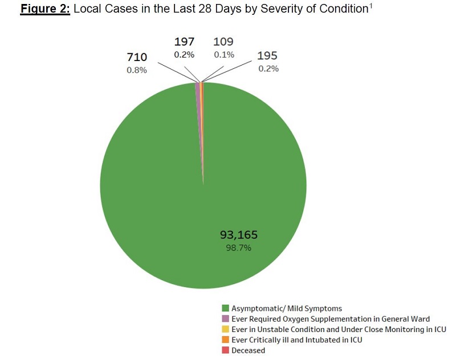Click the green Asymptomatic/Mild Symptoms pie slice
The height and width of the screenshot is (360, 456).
pyautogui.click(x=171, y=188)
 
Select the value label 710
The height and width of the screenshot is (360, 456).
pyautogui.click(x=137, y=57)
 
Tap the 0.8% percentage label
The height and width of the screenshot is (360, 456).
pyautogui.click(x=137, y=70)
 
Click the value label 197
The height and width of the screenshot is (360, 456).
pyautogui.click(x=184, y=42)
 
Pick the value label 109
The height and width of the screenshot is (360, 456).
pyautogui.click(x=223, y=42)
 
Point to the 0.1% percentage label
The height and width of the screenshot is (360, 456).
pyautogui.click(x=223, y=55)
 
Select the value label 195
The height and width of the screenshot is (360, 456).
pyautogui.click(x=267, y=56)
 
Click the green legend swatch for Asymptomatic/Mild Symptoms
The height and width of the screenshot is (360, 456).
pyautogui.click(x=226, y=309)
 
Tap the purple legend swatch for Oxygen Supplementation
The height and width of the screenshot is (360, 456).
pyautogui.click(x=226, y=319)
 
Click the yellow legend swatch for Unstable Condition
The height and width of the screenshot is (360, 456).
pyautogui.click(x=226, y=330)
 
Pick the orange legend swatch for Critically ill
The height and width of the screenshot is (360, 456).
pyautogui.click(x=226, y=340)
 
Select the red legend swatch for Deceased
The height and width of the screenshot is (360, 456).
pyautogui.click(x=226, y=350)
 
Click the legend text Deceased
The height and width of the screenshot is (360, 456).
pyautogui.click(x=248, y=350)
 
